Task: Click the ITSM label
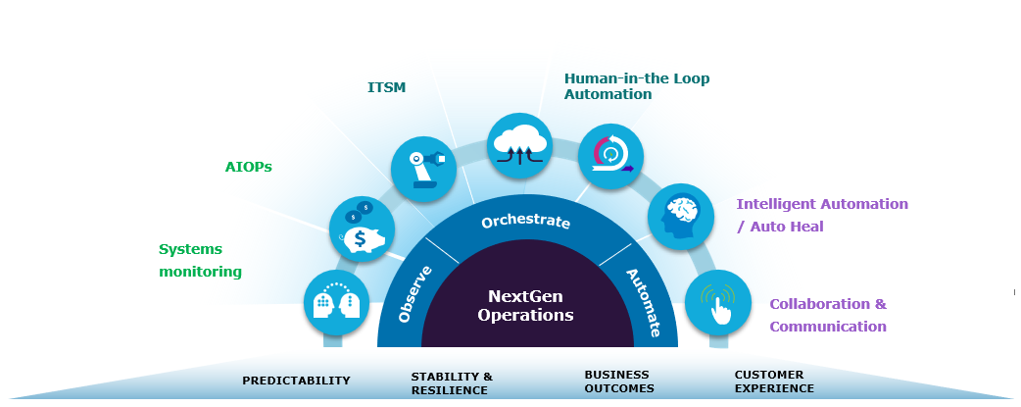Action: tap(386, 87)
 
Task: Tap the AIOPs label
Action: tap(248, 167)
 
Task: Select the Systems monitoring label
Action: tap(200, 260)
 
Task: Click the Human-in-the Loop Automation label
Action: tap(636, 86)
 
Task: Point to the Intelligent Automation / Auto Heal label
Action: tap(821, 215)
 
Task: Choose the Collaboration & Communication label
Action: tap(827, 315)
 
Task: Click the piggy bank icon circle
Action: tap(362, 229)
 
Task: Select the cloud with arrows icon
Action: tap(520, 145)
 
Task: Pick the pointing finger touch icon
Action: tap(718, 303)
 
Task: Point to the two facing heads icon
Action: tap(336, 302)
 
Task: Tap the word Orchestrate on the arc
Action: tap(525, 222)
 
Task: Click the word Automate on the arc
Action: tap(643, 302)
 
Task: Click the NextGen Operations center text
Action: tap(525, 305)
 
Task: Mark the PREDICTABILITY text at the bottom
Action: tap(296, 381)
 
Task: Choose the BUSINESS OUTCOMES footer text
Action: tap(618, 382)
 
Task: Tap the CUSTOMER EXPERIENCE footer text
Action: tap(774, 382)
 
